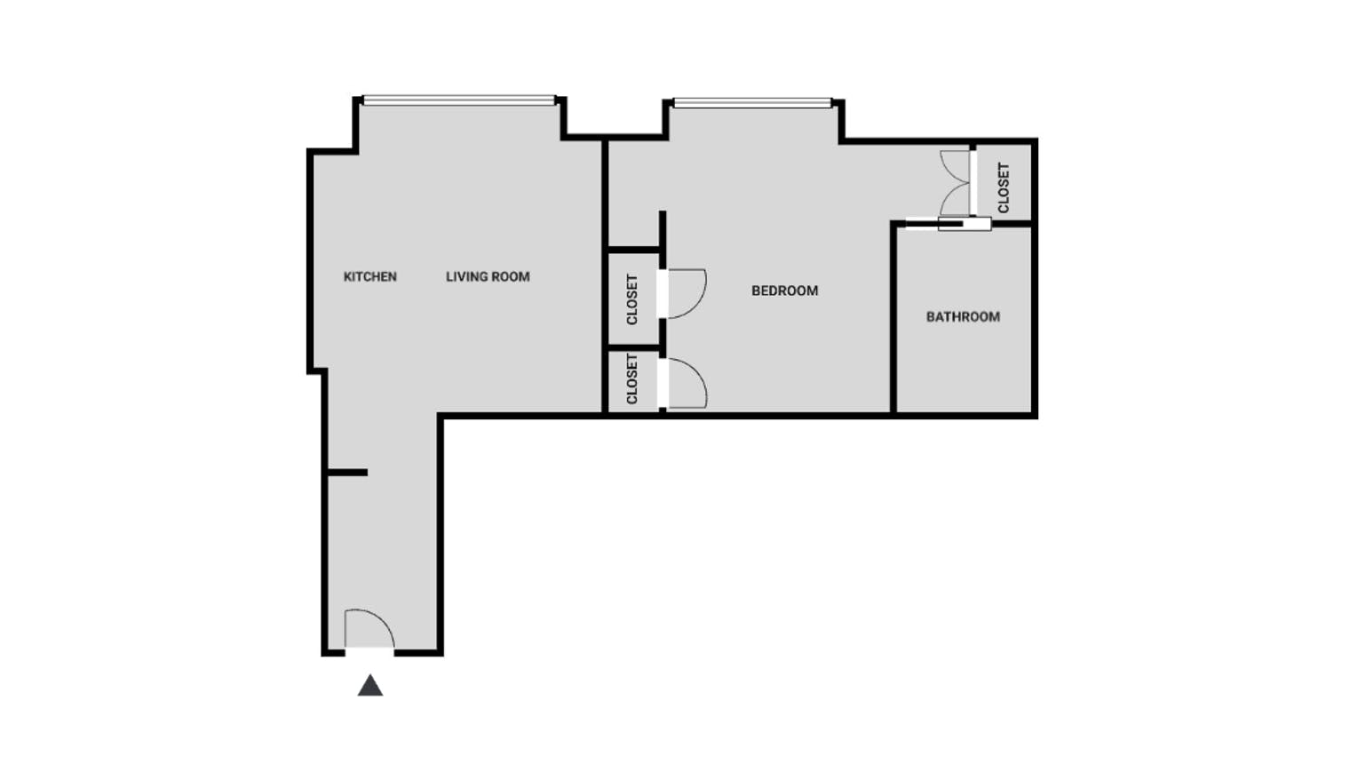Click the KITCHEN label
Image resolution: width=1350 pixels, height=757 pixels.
(369, 276)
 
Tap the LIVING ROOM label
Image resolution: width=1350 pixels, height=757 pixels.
(488, 276)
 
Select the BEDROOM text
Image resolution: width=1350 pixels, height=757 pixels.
(784, 291)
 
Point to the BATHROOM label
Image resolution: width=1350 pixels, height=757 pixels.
(963, 316)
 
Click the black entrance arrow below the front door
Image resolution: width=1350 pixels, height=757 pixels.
(370, 685)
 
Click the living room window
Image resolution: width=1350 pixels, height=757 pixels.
(459, 100)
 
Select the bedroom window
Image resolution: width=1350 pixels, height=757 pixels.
(752, 103)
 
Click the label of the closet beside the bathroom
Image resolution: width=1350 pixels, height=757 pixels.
(1004, 187)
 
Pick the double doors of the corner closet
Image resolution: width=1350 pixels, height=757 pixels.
(957, 183)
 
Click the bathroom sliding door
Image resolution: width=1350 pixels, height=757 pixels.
(964, 224)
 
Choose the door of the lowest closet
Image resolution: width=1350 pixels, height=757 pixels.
(687, 383)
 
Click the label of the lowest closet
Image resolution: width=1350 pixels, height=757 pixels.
(632, 379)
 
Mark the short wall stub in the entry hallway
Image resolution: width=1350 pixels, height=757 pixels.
(347, 473)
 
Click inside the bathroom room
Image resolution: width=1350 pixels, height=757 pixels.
(964, 364)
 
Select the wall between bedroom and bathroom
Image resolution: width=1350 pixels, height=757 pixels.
(893, 320)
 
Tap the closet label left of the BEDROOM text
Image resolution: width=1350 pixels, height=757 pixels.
(632, 299)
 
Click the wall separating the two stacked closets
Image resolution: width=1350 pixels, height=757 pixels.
(633, 347)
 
